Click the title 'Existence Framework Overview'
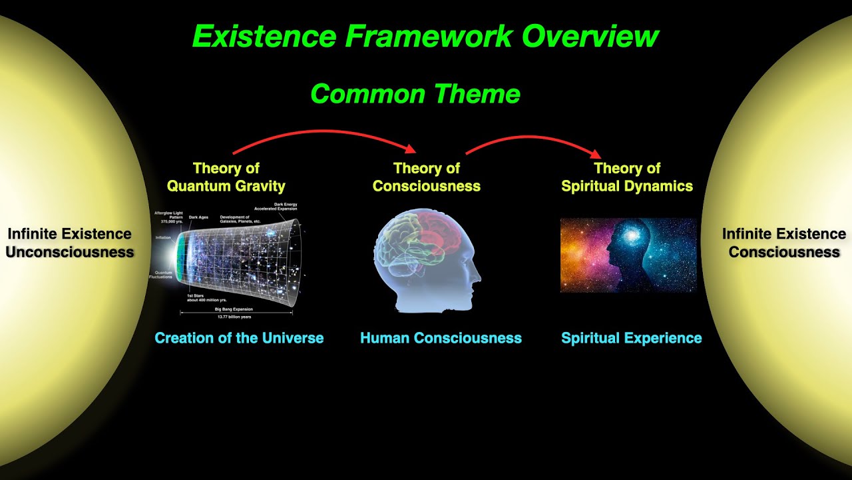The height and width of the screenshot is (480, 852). coord(425,36)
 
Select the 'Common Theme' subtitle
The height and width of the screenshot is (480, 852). coord(415,93)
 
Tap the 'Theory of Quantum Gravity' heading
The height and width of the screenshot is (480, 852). coord(226,177)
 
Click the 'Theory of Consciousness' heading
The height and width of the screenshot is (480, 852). coord(426,177)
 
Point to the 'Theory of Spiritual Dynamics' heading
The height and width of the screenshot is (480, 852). coord(626,177)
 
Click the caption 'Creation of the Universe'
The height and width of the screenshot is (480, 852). coord(239,338)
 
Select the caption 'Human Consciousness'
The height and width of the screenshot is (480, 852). coord(441,338)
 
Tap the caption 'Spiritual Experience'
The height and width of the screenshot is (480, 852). coord(631,338)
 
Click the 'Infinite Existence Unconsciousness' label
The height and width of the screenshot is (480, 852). coord(69,243)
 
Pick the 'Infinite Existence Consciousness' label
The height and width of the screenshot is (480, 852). coord(783,243)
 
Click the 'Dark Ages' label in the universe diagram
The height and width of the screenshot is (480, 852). coord(199,217)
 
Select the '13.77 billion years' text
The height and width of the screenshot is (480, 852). coord(237,317)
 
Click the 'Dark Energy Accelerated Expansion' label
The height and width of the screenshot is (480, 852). coord(276,207)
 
